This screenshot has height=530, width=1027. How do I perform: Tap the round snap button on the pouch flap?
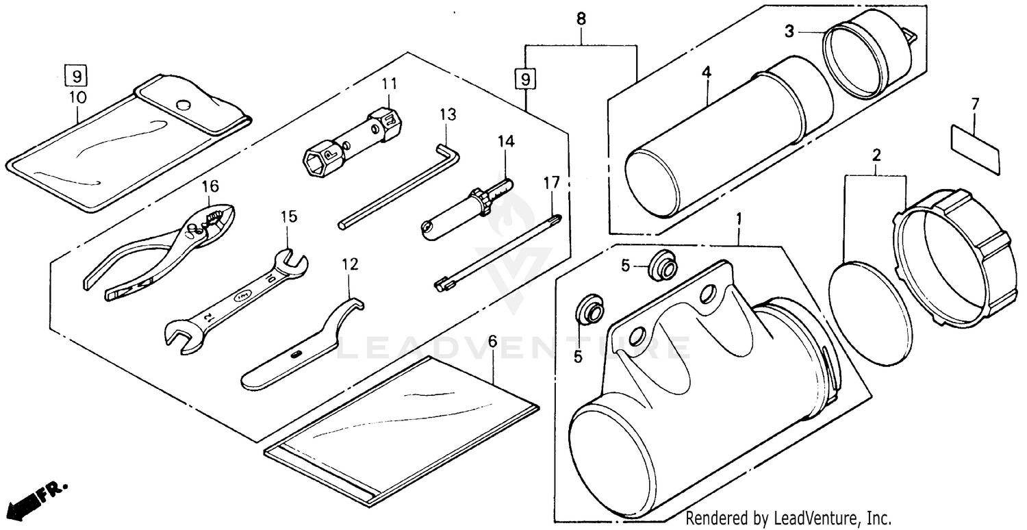(183, 105)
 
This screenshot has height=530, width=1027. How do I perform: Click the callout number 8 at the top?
(581, 19)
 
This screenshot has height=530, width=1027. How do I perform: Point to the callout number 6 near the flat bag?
(492, 340)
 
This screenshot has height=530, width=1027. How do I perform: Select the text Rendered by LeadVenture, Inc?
(787, 518)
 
